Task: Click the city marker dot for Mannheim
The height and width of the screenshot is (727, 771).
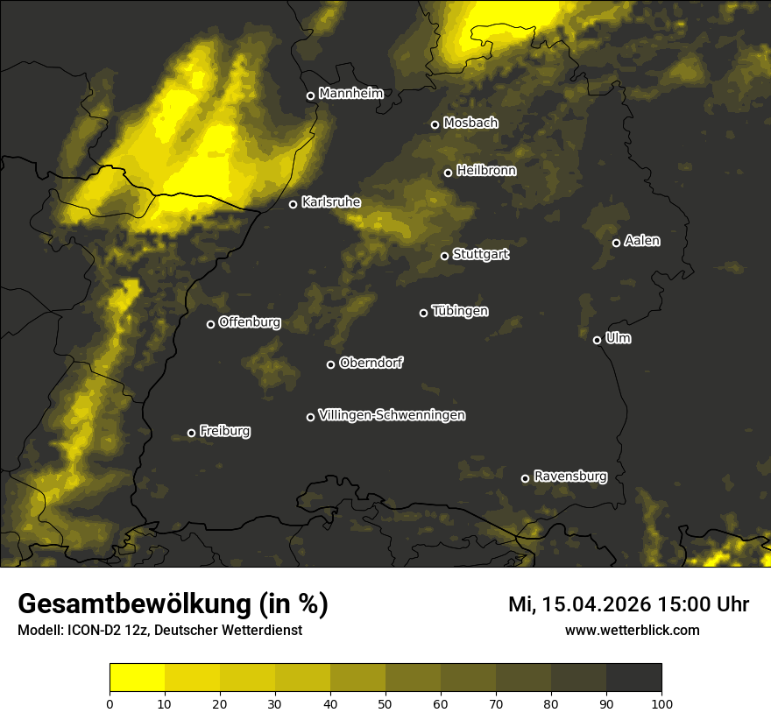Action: (310, 96)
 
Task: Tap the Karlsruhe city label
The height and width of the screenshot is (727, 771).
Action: (330, 202)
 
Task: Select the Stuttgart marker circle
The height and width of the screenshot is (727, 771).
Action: (444, 256)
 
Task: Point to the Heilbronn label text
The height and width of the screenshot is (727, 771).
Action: (486, 171)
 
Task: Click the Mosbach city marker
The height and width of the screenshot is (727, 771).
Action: (435, 124)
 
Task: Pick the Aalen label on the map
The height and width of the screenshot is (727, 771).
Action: (642, 241)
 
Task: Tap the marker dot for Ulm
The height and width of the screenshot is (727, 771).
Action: (597, 340)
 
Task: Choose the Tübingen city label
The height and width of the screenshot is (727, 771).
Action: (460, 311)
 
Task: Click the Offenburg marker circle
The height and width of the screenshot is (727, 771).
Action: (210, 324)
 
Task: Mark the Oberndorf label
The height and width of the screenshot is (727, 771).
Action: (371, 363)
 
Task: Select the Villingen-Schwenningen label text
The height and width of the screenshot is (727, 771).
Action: (392, 415)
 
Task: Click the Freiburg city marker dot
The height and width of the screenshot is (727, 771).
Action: (191, 433)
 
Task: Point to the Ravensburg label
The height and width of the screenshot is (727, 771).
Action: (569, 476)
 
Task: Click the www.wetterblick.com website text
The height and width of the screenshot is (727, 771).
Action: (632, 630)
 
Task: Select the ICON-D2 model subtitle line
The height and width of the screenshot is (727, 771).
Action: (159, 630)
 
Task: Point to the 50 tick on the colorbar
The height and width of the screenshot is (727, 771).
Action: (385, 702)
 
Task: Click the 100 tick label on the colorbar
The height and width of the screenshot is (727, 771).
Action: (661, 702)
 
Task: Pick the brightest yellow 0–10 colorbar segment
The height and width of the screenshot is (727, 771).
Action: (138, 678)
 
